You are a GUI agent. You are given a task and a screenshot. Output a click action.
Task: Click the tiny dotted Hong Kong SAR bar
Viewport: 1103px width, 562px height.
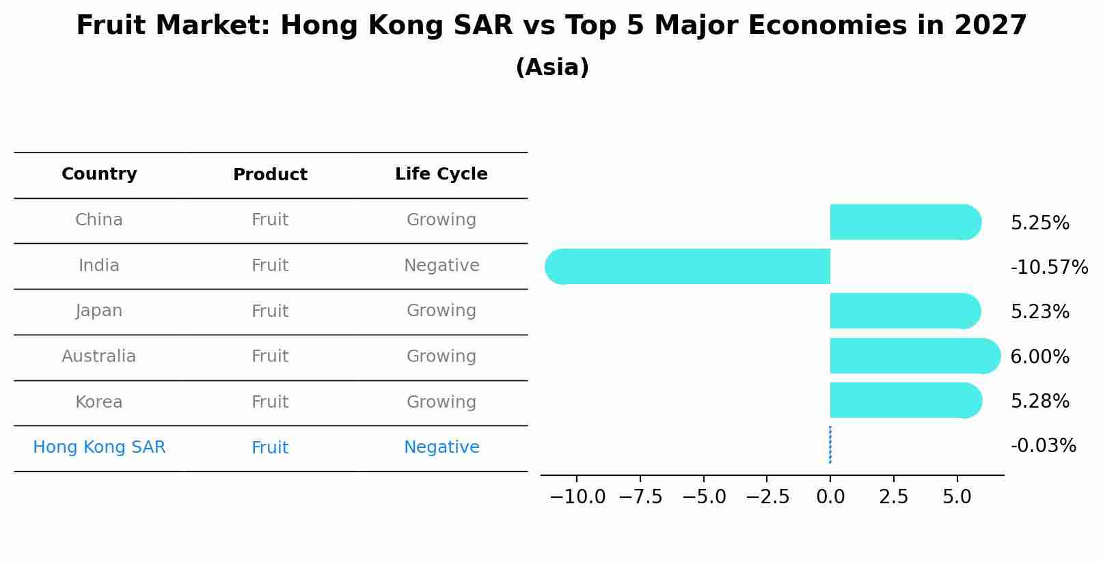pos(830,445)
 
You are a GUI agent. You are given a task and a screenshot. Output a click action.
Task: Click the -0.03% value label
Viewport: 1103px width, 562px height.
pos(1043,446)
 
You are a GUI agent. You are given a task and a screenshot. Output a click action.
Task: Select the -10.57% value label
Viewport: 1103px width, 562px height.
pos(1049,267)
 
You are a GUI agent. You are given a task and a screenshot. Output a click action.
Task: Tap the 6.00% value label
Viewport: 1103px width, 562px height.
pos(1039,356)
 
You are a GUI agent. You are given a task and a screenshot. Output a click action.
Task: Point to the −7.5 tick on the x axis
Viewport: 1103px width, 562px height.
pos(640,496)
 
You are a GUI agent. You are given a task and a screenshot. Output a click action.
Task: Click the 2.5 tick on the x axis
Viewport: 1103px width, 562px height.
pos(893,496)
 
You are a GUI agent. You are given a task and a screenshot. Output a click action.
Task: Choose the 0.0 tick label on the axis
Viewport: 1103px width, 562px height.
pos(830,496)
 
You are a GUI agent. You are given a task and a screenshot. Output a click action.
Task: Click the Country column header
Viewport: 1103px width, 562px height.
pos(99,174)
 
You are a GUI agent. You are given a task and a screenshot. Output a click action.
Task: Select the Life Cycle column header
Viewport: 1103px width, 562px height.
pos(441,174)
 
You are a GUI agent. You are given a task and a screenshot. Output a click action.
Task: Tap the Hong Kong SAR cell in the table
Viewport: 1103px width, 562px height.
pos(99,447)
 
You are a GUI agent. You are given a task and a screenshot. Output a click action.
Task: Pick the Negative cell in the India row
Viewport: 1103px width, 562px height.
pos(441,266)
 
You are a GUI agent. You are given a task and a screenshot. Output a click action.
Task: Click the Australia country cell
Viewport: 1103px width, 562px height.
pos(99,356)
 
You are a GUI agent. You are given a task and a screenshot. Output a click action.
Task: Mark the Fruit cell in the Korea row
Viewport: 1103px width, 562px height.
pos(270,402)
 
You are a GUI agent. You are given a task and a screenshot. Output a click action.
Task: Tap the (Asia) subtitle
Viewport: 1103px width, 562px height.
pos(551,68)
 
